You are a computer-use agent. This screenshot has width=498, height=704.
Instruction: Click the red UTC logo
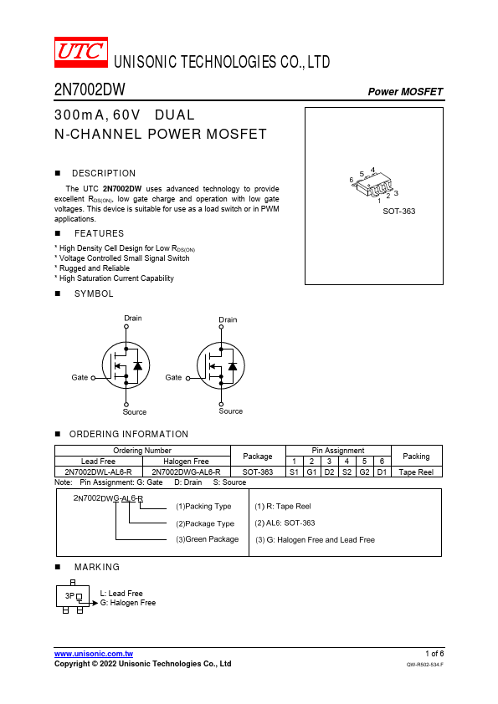81,52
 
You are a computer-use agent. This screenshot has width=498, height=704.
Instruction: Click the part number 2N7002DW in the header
90,89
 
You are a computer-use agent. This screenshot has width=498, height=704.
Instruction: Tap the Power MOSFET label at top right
405,92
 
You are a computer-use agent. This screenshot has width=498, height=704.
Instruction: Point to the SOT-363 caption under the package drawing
398,211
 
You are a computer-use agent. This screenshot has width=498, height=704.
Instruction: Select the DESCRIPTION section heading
104,173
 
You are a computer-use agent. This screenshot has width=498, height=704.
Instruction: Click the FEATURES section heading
99,233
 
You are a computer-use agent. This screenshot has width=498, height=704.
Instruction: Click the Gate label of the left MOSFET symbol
80,378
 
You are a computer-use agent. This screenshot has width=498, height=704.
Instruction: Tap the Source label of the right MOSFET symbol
230,411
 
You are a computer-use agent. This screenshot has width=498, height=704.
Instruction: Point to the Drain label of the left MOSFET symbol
132,318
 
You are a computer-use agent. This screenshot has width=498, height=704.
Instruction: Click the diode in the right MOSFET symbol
233,366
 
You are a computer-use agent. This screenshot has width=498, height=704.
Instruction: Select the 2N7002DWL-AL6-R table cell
99,472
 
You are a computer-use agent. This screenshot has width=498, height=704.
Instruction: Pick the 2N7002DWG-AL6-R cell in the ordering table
186,472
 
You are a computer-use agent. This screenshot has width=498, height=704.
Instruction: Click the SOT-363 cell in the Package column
258,472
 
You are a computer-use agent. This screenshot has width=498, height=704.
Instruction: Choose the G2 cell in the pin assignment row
365,472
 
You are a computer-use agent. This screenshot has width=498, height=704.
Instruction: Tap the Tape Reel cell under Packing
416,472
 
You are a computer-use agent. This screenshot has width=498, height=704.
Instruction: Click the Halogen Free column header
186,461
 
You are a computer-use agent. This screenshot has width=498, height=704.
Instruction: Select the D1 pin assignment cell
382,472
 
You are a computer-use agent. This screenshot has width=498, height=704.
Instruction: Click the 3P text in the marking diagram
69,596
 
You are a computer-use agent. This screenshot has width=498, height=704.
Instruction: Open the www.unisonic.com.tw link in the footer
94,654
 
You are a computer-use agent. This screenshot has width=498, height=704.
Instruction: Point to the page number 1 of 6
434,653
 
